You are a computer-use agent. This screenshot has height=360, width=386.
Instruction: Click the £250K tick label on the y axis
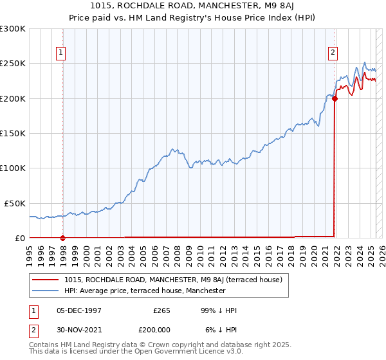(x=12, y=64)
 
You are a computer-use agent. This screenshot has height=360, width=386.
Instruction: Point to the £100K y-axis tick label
(x=12, y=168)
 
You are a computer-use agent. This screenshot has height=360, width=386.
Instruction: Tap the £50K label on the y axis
(x=14, y=203)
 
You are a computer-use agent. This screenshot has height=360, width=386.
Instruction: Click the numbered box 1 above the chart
(x=60, y=53)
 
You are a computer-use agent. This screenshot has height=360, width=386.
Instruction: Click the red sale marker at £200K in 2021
(x=335, y=98)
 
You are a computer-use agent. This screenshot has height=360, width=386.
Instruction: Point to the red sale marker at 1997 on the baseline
(x=63, y=238)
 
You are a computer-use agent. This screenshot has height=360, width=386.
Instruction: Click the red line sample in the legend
(x=45, y=280)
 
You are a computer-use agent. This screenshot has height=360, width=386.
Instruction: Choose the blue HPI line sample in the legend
(x=45, y=291)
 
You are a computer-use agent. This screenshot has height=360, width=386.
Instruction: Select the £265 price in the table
(x=161, y=310)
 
